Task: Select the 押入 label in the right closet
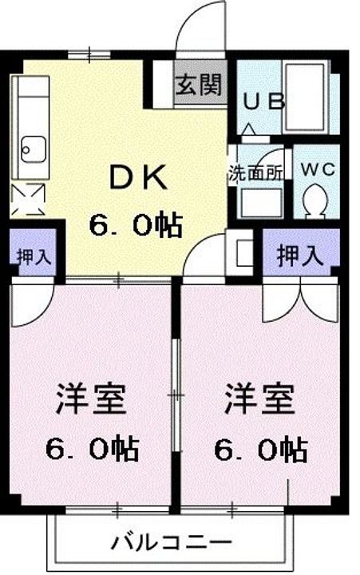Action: pyautogui.click(x=299, y=256)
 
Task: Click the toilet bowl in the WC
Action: pyautogui.click(x=315, y=199)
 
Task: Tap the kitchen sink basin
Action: pyautogui.click(x=33, y=148)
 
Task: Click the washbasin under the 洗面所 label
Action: pyautogui.click(x=259, y=201)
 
